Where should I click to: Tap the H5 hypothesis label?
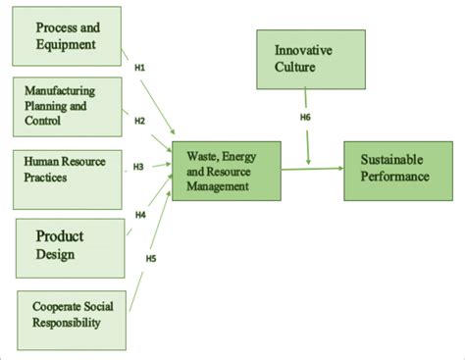[x=151, y=259]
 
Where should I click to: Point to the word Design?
[x=57, y=256]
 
